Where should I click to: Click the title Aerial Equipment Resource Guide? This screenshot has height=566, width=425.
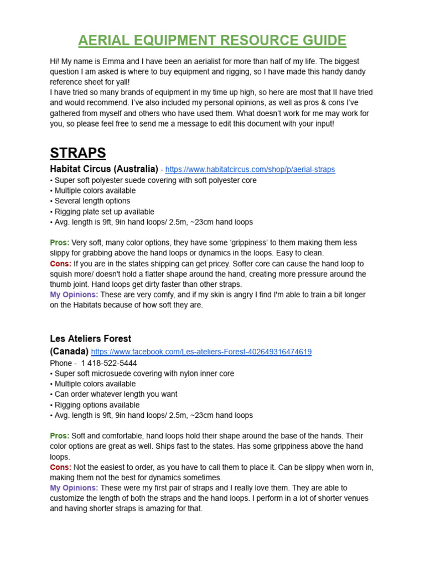tap(212, 40)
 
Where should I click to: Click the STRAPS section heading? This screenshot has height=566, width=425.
tap(78, 153)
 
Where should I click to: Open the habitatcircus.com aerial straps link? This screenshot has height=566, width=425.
tap(250, 170)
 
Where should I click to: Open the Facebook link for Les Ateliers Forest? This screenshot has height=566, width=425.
tap(201, 352)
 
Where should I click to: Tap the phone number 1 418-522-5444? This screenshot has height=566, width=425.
tap(108, 363)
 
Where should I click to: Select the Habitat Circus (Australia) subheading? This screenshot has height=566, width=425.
tap(104, 169)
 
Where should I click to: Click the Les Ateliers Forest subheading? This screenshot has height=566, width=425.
tap(91, 338)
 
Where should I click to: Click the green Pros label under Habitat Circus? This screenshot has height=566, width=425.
tap(59, 243)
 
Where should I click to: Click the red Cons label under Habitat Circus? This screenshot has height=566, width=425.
tap(60, 264)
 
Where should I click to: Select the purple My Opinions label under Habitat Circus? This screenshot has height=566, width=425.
tap(74, 295)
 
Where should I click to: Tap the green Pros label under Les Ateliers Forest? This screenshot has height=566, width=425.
tap(59, 436)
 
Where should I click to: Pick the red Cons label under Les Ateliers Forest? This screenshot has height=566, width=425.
tap(60, 467)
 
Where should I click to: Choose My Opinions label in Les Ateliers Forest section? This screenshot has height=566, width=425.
tap(74, 488)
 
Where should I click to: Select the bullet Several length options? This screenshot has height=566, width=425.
tap(92, 201)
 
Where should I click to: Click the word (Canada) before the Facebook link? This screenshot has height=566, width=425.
tap(69, 352)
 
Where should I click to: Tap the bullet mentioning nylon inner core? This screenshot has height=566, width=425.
tap(144, 374)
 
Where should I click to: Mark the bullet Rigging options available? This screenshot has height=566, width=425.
tap(97, 405)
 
